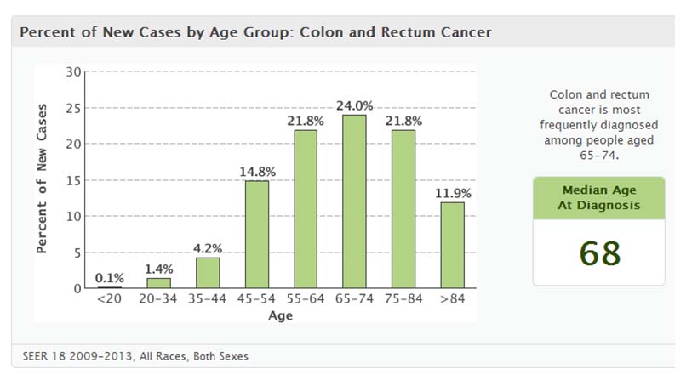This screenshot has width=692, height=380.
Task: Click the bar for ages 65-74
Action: (353, 201)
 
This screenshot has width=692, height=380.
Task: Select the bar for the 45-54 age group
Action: (256, 234)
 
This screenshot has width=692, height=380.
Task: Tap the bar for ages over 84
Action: (451, 245)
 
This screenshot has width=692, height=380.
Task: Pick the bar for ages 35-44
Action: (208, 272)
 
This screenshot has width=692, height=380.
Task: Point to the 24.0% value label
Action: (354, 106)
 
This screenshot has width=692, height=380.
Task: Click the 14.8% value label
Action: (256, 172)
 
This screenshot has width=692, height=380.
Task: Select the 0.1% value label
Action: (110, 278)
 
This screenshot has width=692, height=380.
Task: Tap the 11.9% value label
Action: (452, 193)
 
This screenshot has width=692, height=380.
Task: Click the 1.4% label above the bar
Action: (159, 269)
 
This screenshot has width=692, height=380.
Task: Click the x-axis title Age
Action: (280, 316)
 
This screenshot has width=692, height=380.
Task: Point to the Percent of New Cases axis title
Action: (41, 179)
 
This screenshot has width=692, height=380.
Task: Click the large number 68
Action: (599, 252)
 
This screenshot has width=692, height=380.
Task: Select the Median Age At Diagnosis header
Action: (599, 197)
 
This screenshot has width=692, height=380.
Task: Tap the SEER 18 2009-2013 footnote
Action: (134, 355)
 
